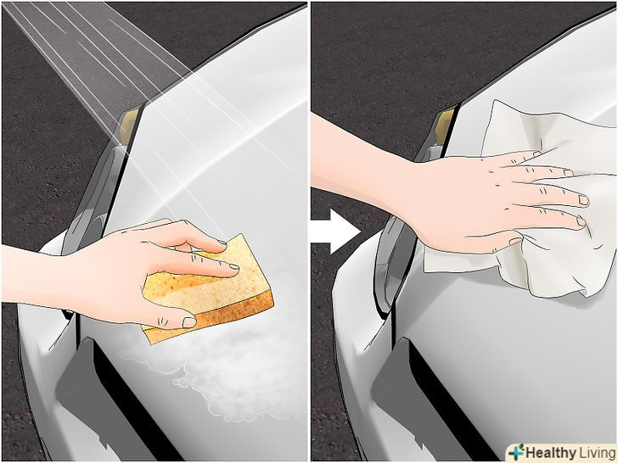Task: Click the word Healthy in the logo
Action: coord(550,453)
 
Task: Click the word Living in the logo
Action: coord(597,453)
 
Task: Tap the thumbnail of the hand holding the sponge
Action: coord(189,322)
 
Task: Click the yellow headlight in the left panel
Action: coord(129,126)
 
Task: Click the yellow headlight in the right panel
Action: coord(444,126)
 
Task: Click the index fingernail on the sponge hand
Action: coord(234,266)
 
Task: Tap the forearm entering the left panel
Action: coord(36,276)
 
